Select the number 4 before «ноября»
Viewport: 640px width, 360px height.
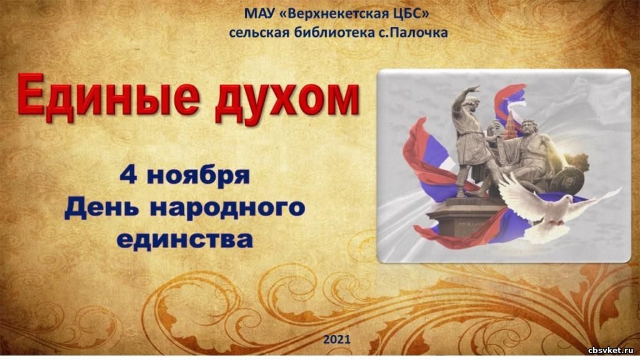[128, 176]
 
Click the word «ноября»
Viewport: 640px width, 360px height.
[198, 177]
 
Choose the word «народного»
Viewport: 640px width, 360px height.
[227, 208]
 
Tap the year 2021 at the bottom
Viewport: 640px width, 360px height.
[337, 339]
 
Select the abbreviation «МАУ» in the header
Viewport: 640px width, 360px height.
[259, 14]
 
